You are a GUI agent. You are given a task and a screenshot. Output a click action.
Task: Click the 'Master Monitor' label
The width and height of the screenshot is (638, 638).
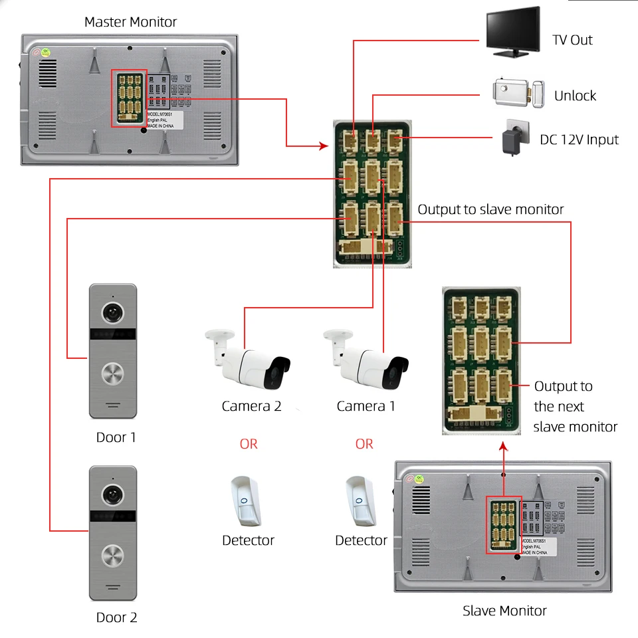pyautogui.click(x=130, y=22)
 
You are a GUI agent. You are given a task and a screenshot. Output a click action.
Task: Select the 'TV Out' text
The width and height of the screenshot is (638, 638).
pyautogui.click(x=572, y=40)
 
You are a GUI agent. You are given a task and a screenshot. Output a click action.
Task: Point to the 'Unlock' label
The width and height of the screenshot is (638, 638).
pyautogui.click(x=575, y=96)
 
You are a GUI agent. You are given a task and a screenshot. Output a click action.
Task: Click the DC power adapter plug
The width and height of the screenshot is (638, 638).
pyautogui.click(x=514, y=138)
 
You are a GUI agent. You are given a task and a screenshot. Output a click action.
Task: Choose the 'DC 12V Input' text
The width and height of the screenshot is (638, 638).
pyautogui.click(x=579, y=140)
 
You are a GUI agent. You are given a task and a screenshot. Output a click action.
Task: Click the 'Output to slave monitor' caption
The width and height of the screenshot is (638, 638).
pyautogui.click(x=490, y=209)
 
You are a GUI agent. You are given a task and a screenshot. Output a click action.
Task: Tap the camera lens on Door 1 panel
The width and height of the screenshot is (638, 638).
pyautogui.click(x=112, y=312)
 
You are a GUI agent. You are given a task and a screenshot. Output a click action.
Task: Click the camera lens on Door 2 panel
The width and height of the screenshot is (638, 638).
pyautogui.click(x=112, y=494)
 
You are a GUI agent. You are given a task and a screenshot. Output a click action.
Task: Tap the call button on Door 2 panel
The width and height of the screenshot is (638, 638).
pyautogui.click(x=112, y=556)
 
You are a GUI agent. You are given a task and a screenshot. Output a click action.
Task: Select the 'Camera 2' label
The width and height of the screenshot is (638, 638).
pyautogui.click(x=251, y=406)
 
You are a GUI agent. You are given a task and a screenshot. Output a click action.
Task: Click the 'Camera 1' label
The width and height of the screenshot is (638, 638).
pyautogui.click(x=366, y=406)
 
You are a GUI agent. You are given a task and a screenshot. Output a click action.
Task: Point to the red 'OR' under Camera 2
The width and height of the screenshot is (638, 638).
pyautogui.click(x=249, y=444)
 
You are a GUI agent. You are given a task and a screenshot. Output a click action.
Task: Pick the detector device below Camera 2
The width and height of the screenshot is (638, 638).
pyautogui.click(x=245, y=499)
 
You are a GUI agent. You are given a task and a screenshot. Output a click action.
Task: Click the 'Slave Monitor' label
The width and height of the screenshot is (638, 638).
pyautogui.click(x=504, y=610)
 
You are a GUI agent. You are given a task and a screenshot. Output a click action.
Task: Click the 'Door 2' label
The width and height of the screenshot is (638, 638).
pyautogui.click(x=116, y=617)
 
